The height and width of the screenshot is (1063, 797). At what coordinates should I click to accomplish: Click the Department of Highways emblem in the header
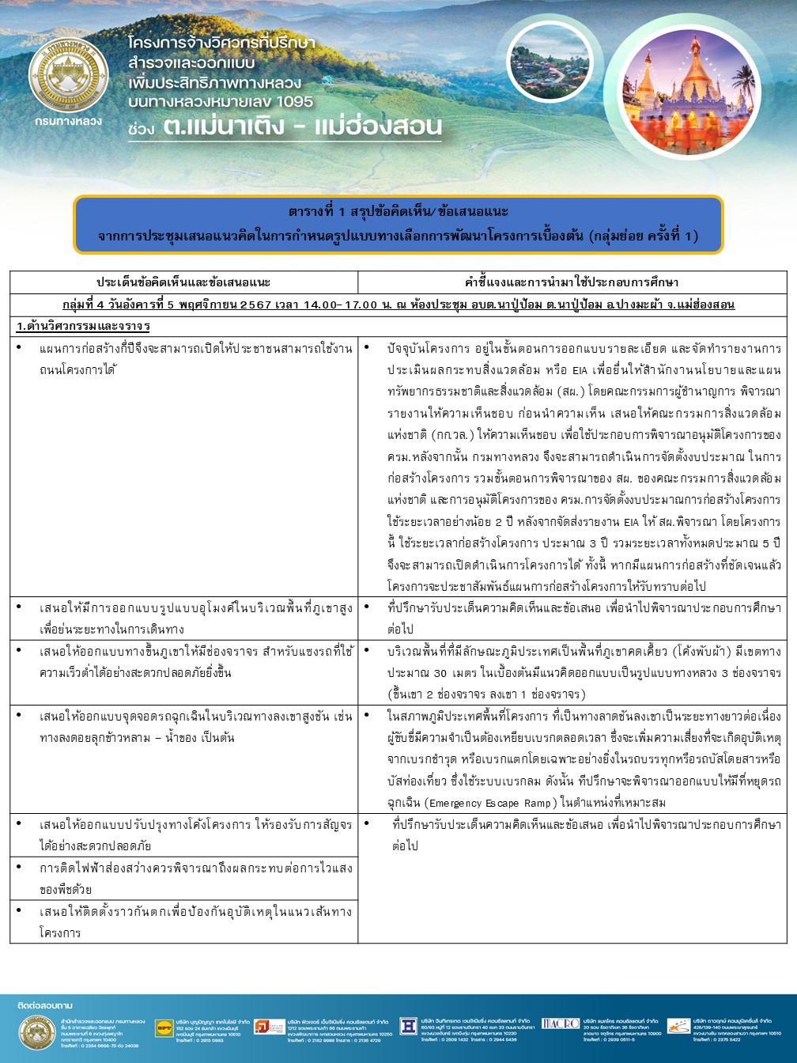68,77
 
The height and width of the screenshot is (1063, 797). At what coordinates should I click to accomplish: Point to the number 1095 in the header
289,102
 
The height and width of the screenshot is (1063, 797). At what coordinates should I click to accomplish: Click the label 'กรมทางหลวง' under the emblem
68,121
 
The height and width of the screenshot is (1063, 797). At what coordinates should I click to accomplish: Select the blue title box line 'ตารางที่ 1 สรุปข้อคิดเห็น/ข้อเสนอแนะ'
398,212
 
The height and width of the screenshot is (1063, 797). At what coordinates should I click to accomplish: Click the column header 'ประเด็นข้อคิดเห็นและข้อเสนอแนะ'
183,282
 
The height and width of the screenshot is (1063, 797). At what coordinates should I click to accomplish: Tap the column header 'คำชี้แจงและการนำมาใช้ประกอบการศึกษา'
572,282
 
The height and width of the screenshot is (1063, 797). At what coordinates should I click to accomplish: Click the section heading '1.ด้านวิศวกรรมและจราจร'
84,326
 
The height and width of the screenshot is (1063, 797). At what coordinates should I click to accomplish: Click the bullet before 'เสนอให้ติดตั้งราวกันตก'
19,911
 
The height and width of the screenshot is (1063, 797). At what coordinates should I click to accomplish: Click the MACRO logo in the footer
561,1024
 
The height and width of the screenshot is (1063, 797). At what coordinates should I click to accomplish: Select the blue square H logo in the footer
408,1026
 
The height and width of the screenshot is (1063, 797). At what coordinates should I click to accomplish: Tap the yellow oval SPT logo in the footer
164,1027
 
